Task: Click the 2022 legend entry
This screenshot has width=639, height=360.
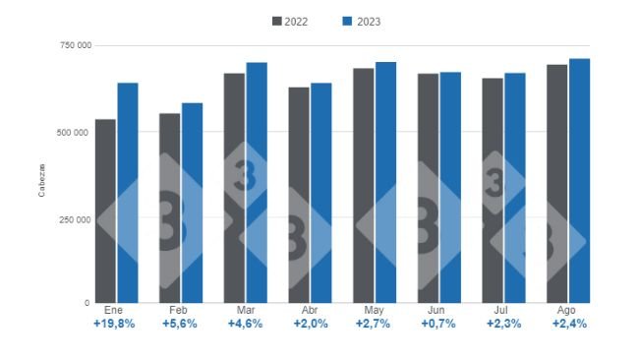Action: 289,21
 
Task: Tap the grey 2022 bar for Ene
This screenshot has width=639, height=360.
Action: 105,210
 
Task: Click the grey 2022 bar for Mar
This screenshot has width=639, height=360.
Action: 234,187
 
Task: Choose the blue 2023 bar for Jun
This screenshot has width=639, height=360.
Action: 450,187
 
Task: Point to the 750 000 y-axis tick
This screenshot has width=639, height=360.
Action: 76,45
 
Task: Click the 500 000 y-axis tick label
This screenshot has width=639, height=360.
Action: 76,132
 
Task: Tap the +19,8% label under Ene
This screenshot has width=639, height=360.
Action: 116,324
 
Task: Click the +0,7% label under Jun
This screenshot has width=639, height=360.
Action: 438,324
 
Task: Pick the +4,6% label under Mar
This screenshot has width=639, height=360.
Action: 245,324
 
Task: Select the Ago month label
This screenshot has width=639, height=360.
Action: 568,310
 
